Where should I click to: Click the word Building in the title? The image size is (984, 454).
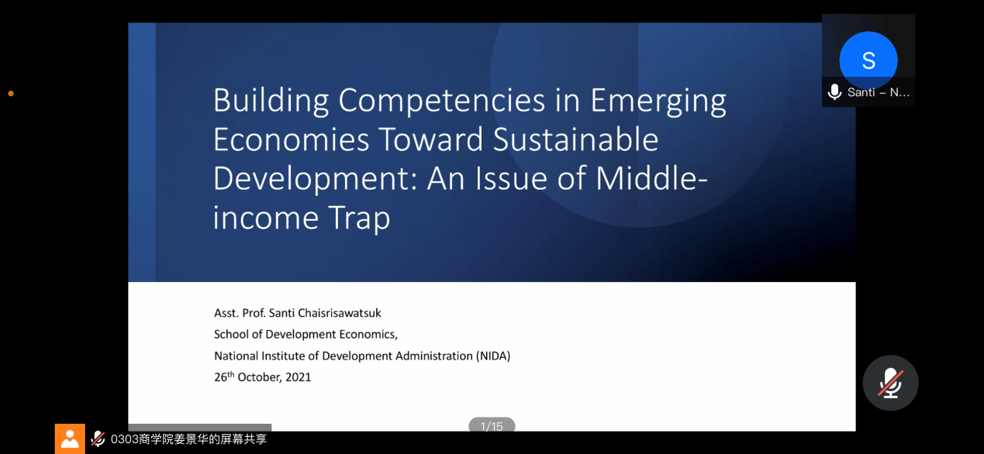(x=271, y=101)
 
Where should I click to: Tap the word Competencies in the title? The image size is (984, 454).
(x=441, y=101)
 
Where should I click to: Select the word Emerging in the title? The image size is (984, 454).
(x=658, y=101)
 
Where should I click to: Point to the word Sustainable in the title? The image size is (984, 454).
(x=575, y=139)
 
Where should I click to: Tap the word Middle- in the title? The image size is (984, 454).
(x=651, y=178)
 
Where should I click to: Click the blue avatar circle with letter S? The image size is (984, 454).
(x=868, y=60)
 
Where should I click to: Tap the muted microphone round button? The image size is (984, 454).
(x=890, y=383)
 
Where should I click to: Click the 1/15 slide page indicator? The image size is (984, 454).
(x=492, y=425)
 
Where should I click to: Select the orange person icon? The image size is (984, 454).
(x=70, y=439)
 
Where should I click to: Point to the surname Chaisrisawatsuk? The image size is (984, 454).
(x=325, y=313)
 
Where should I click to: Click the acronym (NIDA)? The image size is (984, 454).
(x=493, y=356)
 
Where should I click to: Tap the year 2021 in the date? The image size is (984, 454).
(x=299, y=377)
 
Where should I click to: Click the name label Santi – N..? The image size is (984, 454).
(x=878, y=92)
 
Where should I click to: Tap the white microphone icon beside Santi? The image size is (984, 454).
(x=834, y=91)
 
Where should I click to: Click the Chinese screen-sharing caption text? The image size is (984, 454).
(x=189, y=439)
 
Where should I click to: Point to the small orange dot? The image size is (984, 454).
(x=11, y=94)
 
